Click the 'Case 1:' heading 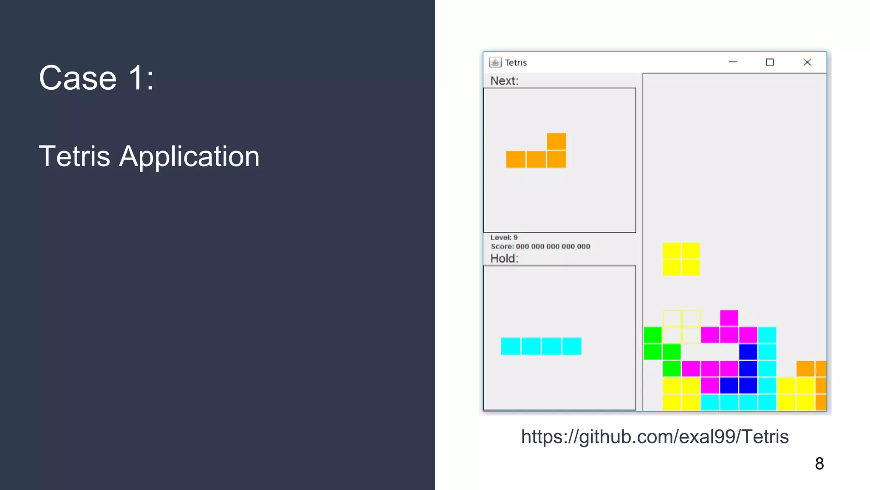[x=96, y=78]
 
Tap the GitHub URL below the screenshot [x=655, y=437]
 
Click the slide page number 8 [x=819, y=464]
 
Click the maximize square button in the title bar [x=769, y=63]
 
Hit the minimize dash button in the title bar [x=732, y=63]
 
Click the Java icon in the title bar [x=495, y=63]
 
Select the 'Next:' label [x=504, y=81]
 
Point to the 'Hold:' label [x=504, y=259]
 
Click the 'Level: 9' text [x=504, y=237]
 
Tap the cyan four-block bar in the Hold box [x=541, y=346]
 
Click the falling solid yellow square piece [x=681, y=259]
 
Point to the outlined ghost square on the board [x=681, y=327]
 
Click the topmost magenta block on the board [x=729, y=318]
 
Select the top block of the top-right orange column [x=805, y=368]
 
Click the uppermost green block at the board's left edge [x=652, y=335]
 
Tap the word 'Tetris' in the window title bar [x=516, y=63]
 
